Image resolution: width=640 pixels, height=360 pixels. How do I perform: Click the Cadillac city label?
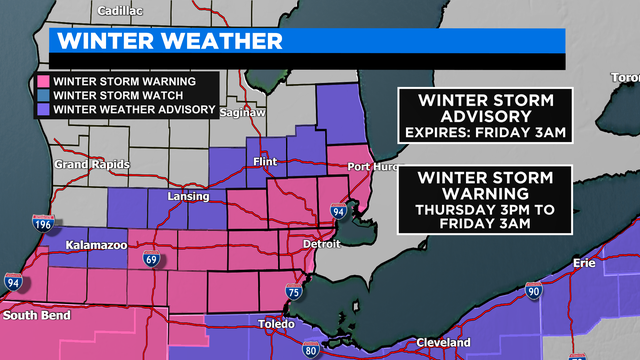click(122, 11)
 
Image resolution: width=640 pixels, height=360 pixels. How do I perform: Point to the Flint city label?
click(265, 160)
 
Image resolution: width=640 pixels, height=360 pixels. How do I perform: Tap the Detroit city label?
click(322, 243)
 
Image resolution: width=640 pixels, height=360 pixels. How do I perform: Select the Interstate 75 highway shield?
click(293, 292)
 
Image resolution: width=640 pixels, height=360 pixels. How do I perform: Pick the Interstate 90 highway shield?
click(534, 292)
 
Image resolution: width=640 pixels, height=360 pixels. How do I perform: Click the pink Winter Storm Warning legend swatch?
click(43, 81)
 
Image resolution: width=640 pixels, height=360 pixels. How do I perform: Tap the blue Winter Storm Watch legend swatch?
click(43, 96)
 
